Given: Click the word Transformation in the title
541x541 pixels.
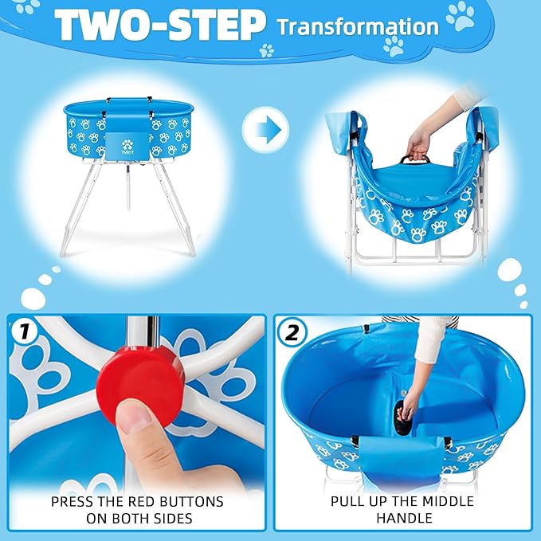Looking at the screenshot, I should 357,26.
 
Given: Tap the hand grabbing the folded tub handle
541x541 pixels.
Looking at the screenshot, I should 419,143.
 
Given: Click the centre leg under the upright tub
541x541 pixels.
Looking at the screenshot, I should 127,185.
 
